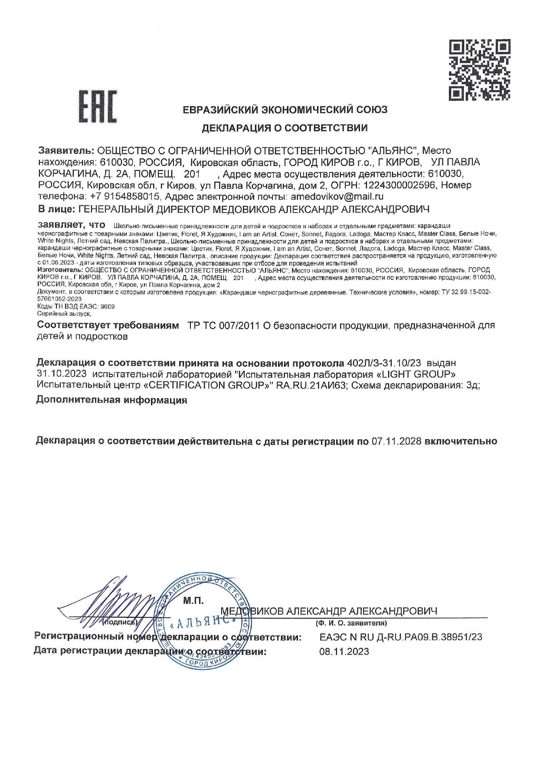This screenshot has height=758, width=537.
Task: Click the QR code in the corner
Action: click(x=479, y=69)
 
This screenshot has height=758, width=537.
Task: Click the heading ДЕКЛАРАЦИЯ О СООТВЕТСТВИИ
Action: click(x=285, y=128)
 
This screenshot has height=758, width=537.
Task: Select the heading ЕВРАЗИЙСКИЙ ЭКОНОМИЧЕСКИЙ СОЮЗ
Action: click(x=285, y=110)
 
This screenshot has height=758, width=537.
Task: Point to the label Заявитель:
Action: click(x=66, y=151)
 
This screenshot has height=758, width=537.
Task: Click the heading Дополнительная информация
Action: click(x=112, y=400)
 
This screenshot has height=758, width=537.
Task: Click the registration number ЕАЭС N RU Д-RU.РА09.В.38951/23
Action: click(x=400, y=637)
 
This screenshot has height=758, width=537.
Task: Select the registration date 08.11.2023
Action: click(x=344, y=651)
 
